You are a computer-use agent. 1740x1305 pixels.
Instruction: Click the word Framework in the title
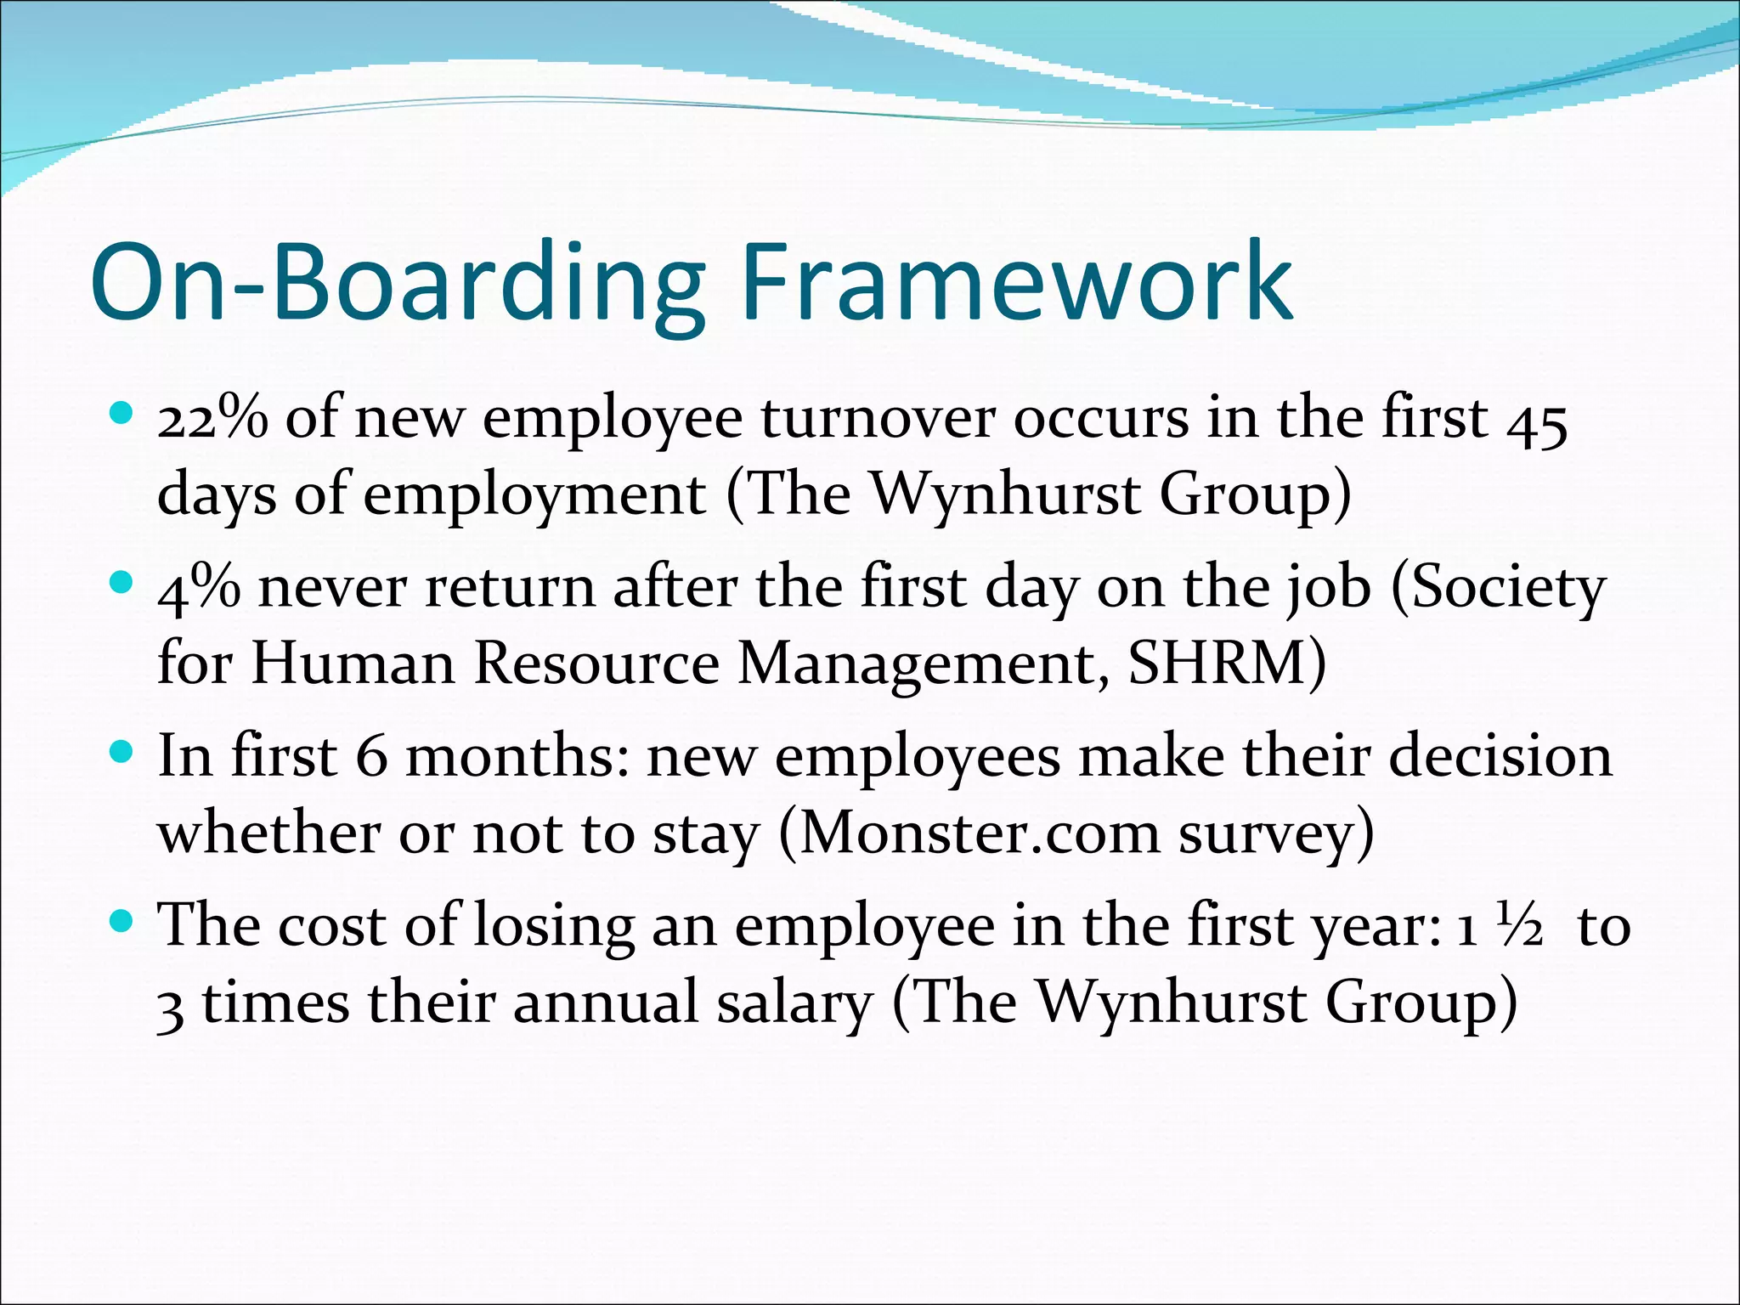click(x=1016, y=282)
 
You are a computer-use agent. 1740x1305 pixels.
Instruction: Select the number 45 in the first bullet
click(x=1537, y=420)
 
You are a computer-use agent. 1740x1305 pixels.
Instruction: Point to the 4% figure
click(x=199, y=587)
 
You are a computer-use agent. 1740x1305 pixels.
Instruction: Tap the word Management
click(x=924, y=664)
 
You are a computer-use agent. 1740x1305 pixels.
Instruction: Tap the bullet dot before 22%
click(x=122, y=415)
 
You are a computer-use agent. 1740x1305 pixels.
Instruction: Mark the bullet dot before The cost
click(x=122, y=921)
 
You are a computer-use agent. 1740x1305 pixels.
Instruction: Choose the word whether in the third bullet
click(x=268, y=833)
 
